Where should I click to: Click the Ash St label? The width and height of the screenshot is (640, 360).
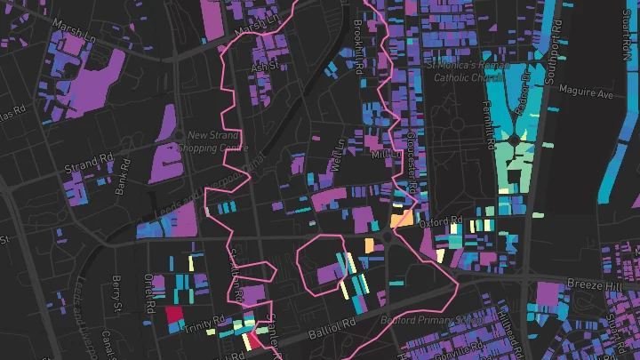pos(265,66)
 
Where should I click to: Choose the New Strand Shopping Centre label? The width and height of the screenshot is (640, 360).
pos(211,140)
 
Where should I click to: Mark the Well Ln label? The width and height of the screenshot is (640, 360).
pos(337,156)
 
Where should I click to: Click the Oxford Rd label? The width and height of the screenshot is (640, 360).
pos(443,220)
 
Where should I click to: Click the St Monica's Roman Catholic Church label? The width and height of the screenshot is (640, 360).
pos(467,71)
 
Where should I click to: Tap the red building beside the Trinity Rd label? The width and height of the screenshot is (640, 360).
pos(173,315)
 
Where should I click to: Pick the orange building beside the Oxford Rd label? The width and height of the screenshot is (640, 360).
pos(401,220)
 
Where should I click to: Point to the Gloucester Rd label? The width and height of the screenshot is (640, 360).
pos(412,160)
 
